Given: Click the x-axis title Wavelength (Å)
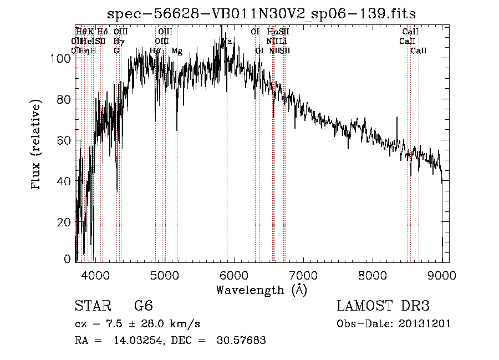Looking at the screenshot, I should click(261, 290).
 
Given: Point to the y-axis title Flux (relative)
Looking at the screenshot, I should click(37, 145).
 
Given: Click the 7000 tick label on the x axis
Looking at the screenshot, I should click(303, 274).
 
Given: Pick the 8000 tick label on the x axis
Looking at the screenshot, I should click(373, 274).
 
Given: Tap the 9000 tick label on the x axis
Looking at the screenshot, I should click(442, 274).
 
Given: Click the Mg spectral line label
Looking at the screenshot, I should click(176, 51).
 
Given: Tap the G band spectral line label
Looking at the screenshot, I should click(116, 50).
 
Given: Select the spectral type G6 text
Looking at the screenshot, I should click(143, 307).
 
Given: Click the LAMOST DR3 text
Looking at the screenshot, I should click(383, 307).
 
